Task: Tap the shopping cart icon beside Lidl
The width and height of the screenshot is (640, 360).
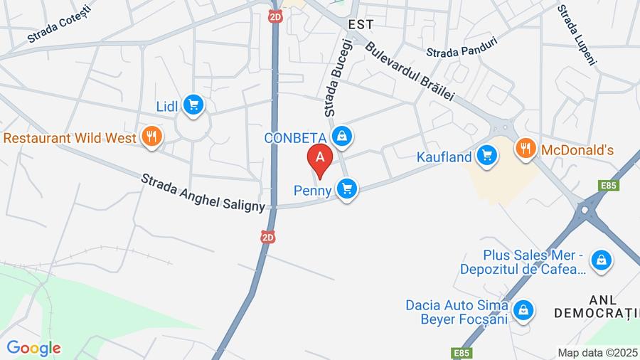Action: click(193, 106)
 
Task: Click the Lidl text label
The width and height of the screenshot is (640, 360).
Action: click(167, 107)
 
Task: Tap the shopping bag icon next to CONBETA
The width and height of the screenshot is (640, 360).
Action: click(343, 136)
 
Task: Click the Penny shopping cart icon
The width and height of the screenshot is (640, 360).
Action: click(346, 189)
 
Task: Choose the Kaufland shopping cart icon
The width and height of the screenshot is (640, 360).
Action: click(486, 154)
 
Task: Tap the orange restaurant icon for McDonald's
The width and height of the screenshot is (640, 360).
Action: click(525, 149)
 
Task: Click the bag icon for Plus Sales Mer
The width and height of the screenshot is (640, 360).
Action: click(601, 260)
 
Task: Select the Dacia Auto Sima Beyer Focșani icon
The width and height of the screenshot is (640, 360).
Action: click(523, 309)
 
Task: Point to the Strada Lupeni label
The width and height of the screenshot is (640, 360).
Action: click(576, 34)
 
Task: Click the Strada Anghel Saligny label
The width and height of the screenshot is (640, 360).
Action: click(203, 192)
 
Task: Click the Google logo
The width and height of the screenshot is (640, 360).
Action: click(33, 348)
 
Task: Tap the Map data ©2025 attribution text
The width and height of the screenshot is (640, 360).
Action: click(597, 352)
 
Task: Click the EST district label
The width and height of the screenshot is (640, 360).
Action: click(361, 24)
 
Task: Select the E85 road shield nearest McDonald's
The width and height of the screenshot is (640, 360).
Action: click(608, 186)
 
